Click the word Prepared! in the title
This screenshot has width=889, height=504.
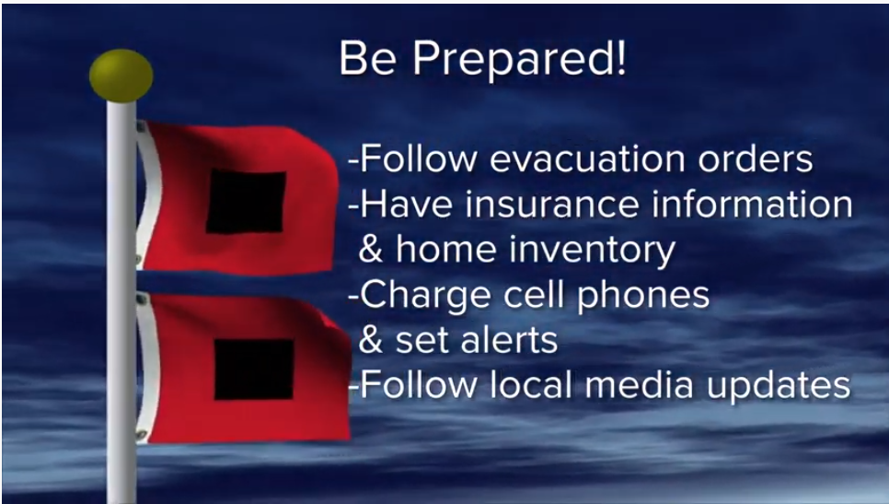pyautogui.click(x=519, y=59)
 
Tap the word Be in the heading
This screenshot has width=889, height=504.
pyautogui.click(x=367, y=57)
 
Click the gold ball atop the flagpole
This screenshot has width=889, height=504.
pyautogui.click(x=121, y=76)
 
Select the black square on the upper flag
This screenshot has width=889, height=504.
pyautogui.click(x=246, y=202)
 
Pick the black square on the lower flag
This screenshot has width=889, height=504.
pyautogui.click(x=254, y=369)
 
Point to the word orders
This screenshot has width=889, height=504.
pyautogui.click(x=756, y=158)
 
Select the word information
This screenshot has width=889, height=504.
pyautogui.click(x=752, y=204)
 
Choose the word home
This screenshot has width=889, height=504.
pyautogui.click(x=446, y=249)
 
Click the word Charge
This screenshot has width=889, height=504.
pyautogui.click(x=424, y=295)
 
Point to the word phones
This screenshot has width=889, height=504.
pyautogui.click(x=643, y=296)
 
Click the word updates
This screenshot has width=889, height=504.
pyautogui.click(x=779, y=386)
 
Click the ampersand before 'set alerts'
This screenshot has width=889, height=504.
pyautogui.click(x=371, y=340)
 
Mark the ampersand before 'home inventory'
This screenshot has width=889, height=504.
pyautogui.click(x=371, y=249)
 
